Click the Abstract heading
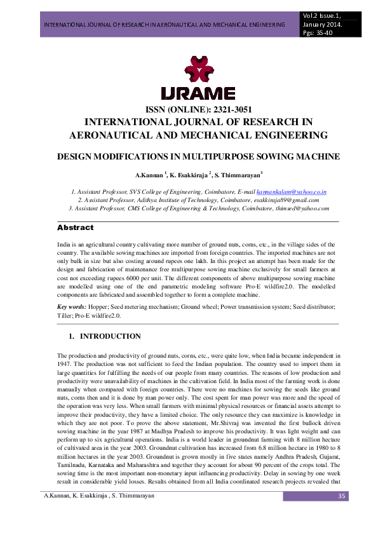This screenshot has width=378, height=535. pyautogui.click(x=75, y=227)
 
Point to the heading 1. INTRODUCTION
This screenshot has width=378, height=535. pyautogui.click(x=104, y=336)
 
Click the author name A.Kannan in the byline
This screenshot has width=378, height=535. pyautogui.click(x=148, y=173)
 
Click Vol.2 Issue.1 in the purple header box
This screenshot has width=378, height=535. pyautogui.click(x=324, y=15)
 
